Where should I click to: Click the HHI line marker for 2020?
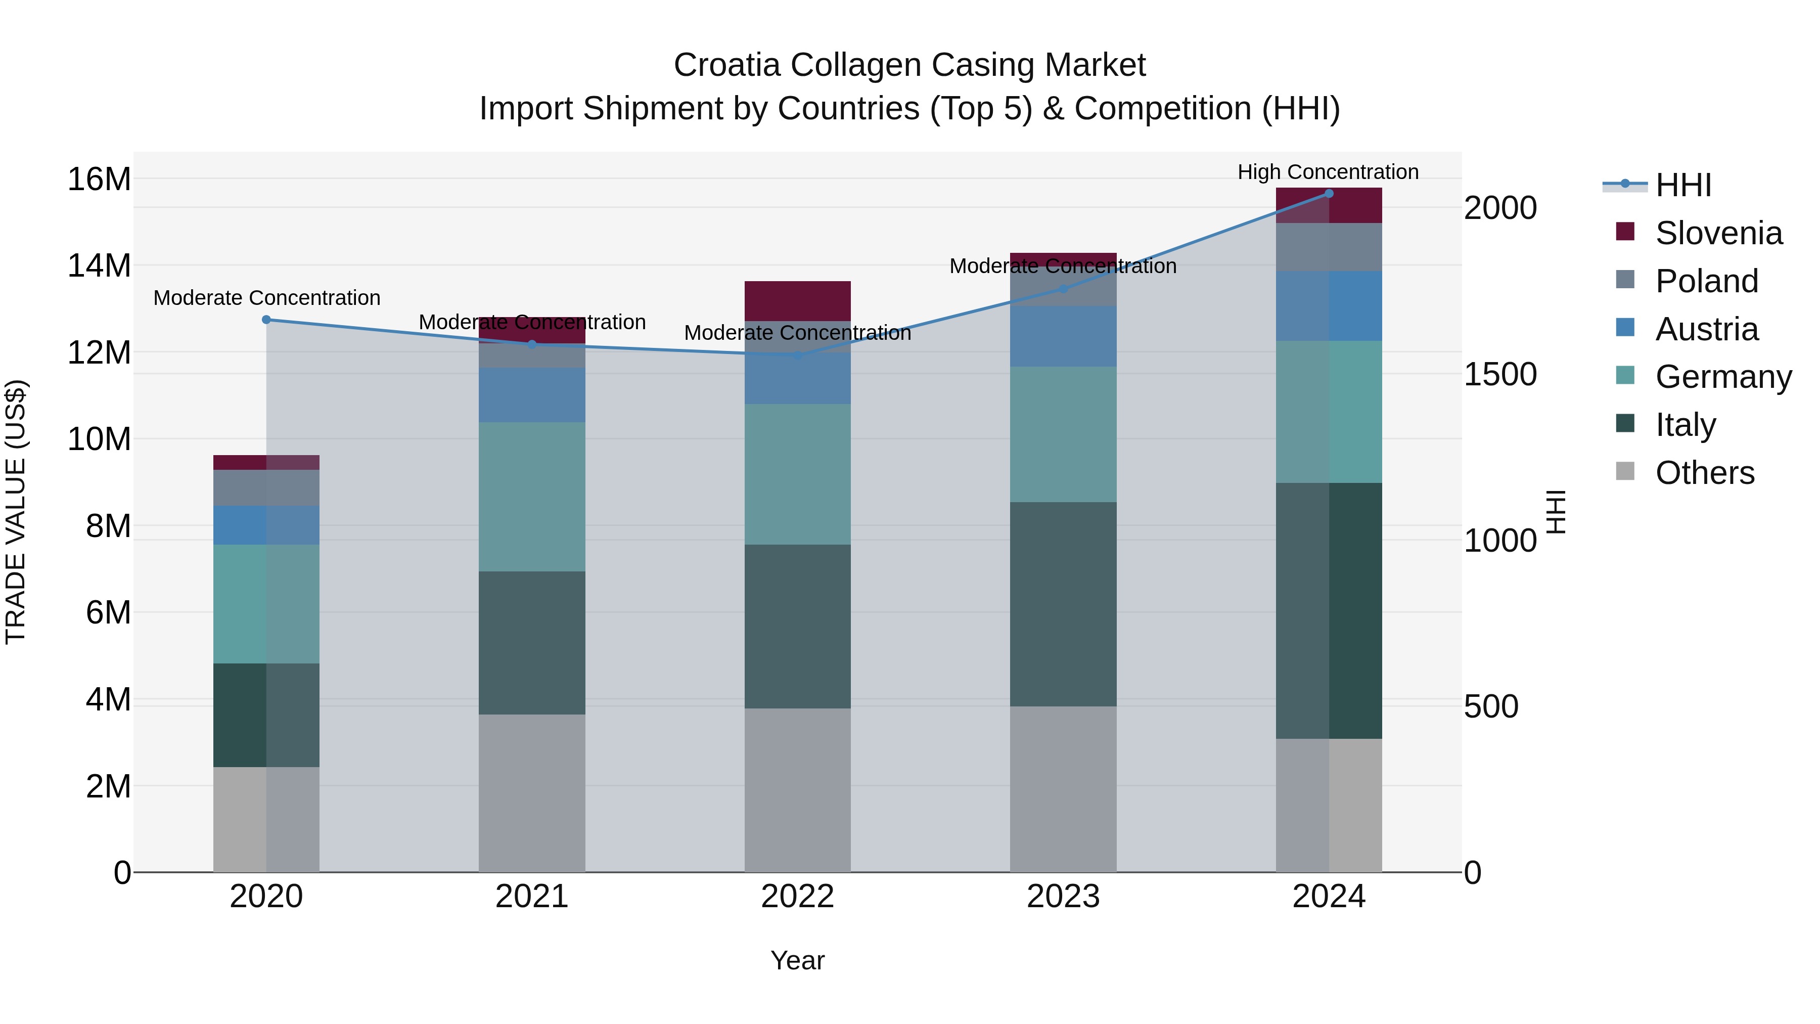(266, 320)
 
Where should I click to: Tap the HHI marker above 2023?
(1063, 288)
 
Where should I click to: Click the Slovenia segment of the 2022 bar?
(798, 301)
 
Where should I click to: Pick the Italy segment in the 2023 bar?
(1063, 604)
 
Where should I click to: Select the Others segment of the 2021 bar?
(532, 793)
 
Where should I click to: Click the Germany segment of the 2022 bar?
(798, 474)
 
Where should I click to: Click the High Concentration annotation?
(1328, 172)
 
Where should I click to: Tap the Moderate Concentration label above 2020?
(266, 297)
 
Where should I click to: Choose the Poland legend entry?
(1706, 281)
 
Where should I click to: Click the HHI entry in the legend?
(1683, 185)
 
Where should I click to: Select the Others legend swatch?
(1625, 471)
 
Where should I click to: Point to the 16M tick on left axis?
(99, 179)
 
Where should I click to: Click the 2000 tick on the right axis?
(1500, 208)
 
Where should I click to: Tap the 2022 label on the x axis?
(798, 897)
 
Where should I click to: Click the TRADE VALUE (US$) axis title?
(16, 512)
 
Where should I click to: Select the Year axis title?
(798, 960)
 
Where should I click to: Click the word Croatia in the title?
(727, 65)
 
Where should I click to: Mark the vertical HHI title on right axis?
(1557, 512)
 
